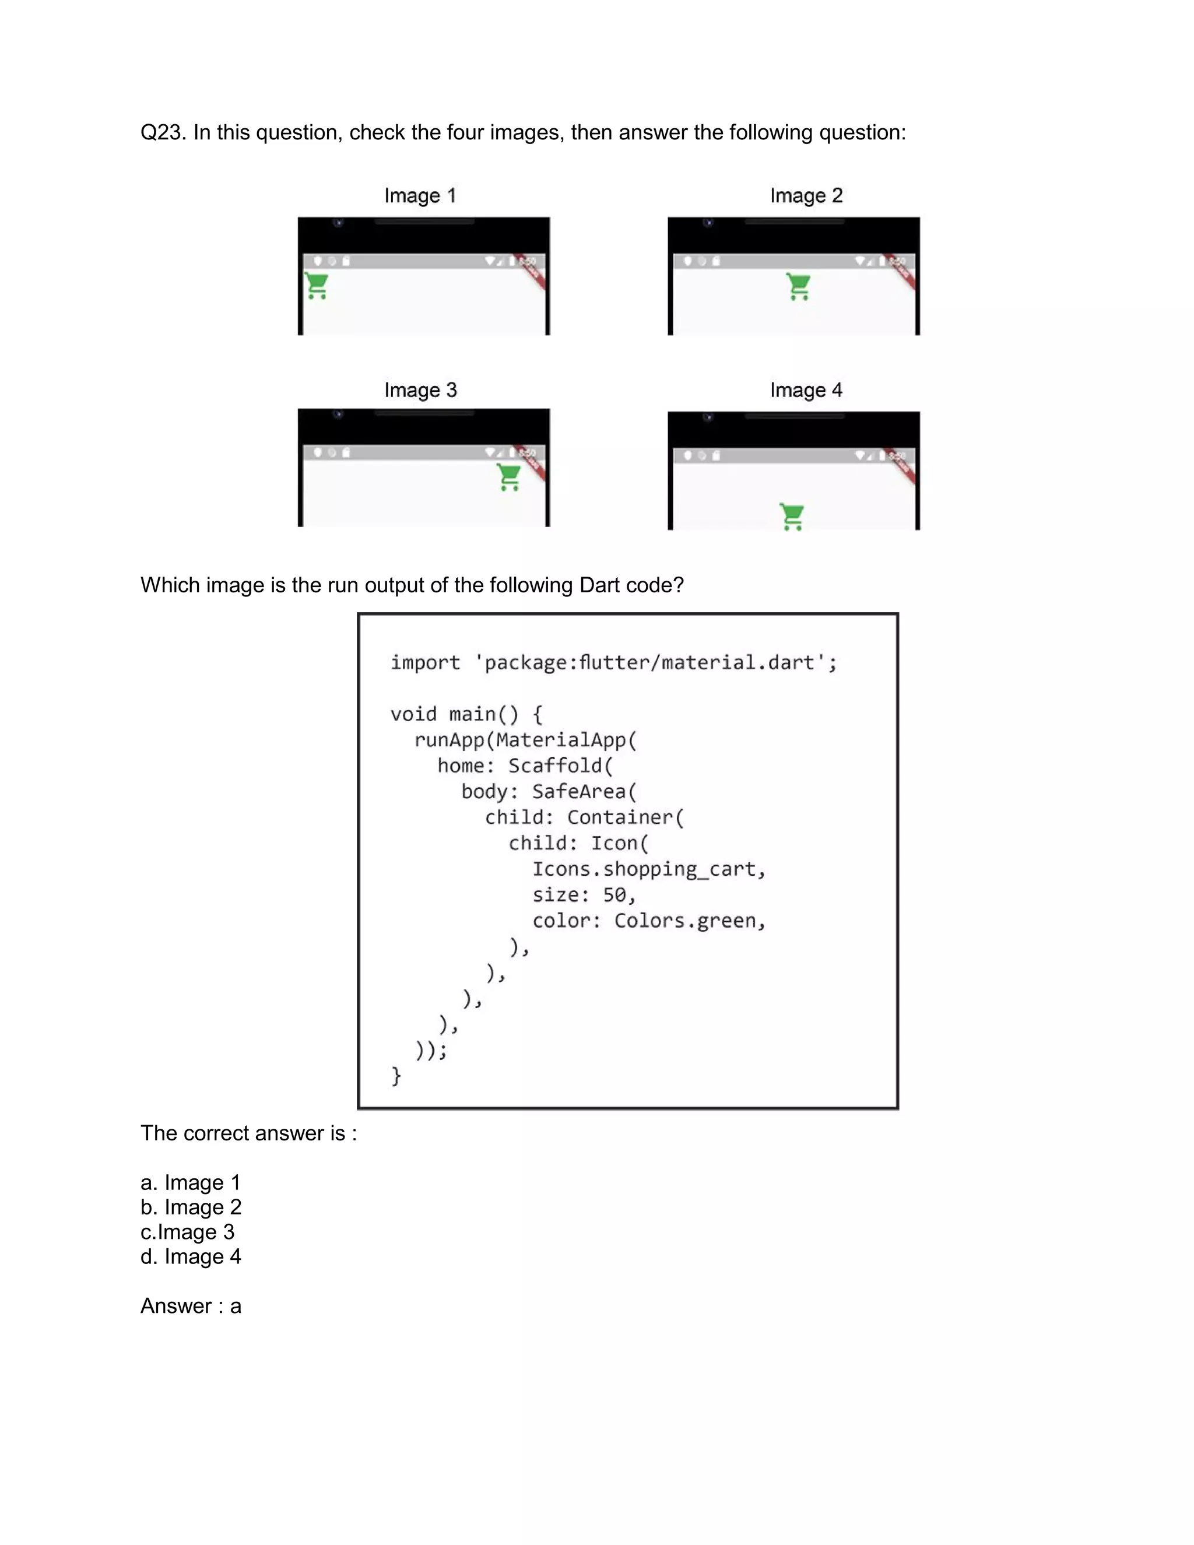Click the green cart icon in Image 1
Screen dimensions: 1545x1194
(317, 286)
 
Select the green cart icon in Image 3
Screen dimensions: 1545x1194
(508, 477)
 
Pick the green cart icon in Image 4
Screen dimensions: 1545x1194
(792, 517)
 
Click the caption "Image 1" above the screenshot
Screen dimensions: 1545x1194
(420, 195)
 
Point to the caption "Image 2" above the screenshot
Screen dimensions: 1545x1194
(806, 195)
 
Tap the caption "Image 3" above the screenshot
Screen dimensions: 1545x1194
(420, 390)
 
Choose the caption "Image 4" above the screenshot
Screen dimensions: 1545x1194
(806, 390)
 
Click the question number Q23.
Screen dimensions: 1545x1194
(163, 132)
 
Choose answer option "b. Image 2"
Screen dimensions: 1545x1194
(191, 1207)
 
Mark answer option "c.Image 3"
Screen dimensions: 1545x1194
(188, 1231)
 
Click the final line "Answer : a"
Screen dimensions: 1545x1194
(191, 1306)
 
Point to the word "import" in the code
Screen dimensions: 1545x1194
(425, 662)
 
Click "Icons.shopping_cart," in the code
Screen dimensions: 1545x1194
(649, 869)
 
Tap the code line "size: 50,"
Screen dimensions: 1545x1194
(584, 895)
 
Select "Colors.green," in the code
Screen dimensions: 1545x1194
(690, 921)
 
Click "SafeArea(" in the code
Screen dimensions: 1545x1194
(584, 792)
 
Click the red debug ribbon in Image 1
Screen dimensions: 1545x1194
(531, 272)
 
